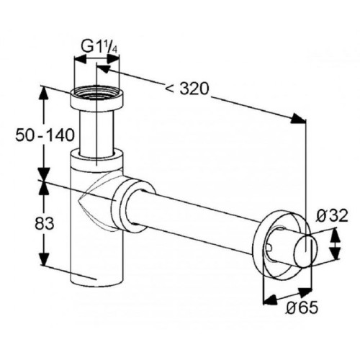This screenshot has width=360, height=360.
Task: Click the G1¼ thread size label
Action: coord(99,47)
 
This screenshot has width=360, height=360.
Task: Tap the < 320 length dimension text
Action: coord(187,89)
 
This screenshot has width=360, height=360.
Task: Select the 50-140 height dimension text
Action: coord(45,135)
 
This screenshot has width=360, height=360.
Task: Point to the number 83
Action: coord(45,225)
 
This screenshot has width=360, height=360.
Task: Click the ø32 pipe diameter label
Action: coord(331,215)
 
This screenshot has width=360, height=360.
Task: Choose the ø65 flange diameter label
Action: coord(302,307)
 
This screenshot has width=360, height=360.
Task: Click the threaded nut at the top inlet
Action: coord(97,99)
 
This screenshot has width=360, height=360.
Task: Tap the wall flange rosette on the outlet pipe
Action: coord(279,245)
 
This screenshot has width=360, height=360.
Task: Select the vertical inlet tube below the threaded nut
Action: coord(96,133)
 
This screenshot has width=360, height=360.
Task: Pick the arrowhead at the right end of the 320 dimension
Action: coord(298,119)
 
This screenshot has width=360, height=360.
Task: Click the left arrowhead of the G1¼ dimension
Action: coord(81,59)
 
